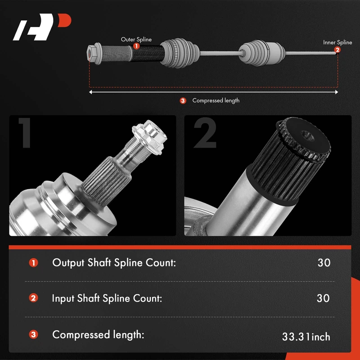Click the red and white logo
pos(42,27)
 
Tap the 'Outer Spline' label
pos(136,40)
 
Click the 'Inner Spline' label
pos(337,42)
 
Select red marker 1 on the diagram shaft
pos(136,46)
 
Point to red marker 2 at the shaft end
pos(337,49)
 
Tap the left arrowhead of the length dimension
pos(90,92)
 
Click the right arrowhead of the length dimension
pos(337,92)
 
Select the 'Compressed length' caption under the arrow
pos(216,100)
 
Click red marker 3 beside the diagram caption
pos(183,100)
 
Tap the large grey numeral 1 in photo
pos(25,133)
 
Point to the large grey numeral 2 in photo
pos(205,133)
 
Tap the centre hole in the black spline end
pos(307,135)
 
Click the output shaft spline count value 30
pos(324,263)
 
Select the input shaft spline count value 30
pos(323,298)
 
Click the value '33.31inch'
pos(306,337)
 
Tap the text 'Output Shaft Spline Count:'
pos(114,263)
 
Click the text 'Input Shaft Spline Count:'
pos(107,298)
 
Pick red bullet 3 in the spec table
pos(33,334)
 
